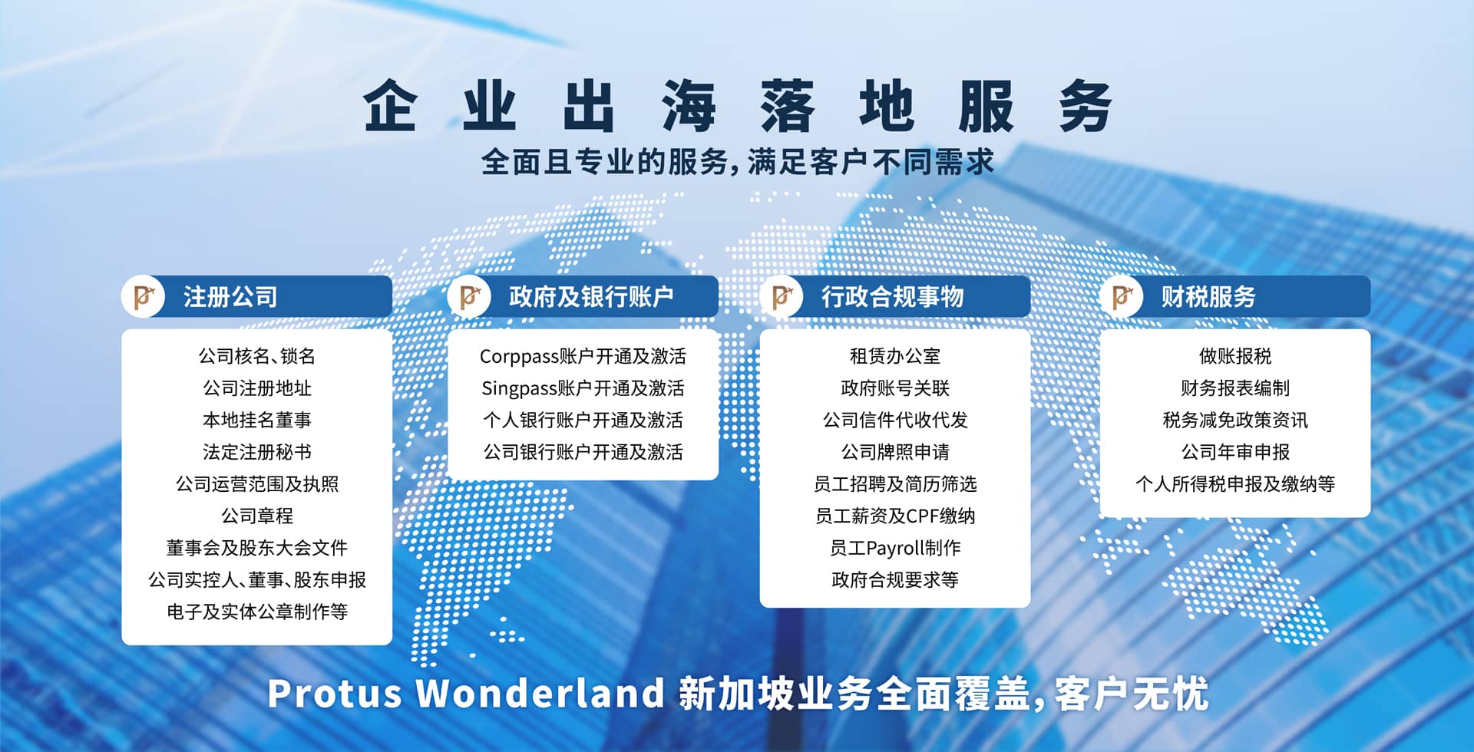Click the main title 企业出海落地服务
point(738,106)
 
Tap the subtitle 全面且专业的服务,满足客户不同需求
point(738,162)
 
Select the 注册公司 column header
point(230,297)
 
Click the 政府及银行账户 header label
point(591,297)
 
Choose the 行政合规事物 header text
point(893,297)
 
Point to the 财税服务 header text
point(1208,297)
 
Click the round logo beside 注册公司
point(144,296)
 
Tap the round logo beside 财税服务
point(1122,296)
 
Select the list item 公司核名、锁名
point(257,356)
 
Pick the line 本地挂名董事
point(257,420)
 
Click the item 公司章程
point(257,516)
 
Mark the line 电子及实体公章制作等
point(257,612)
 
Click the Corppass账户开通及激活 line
point(583,356)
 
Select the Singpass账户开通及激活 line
point(583,388)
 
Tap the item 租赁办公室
point(895,356)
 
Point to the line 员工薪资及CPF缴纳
point(895,516)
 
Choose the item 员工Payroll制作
point(895,548)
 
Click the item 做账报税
point(1235,356)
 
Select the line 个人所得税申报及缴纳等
point(1235,483)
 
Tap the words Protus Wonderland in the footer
point(466,693)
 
